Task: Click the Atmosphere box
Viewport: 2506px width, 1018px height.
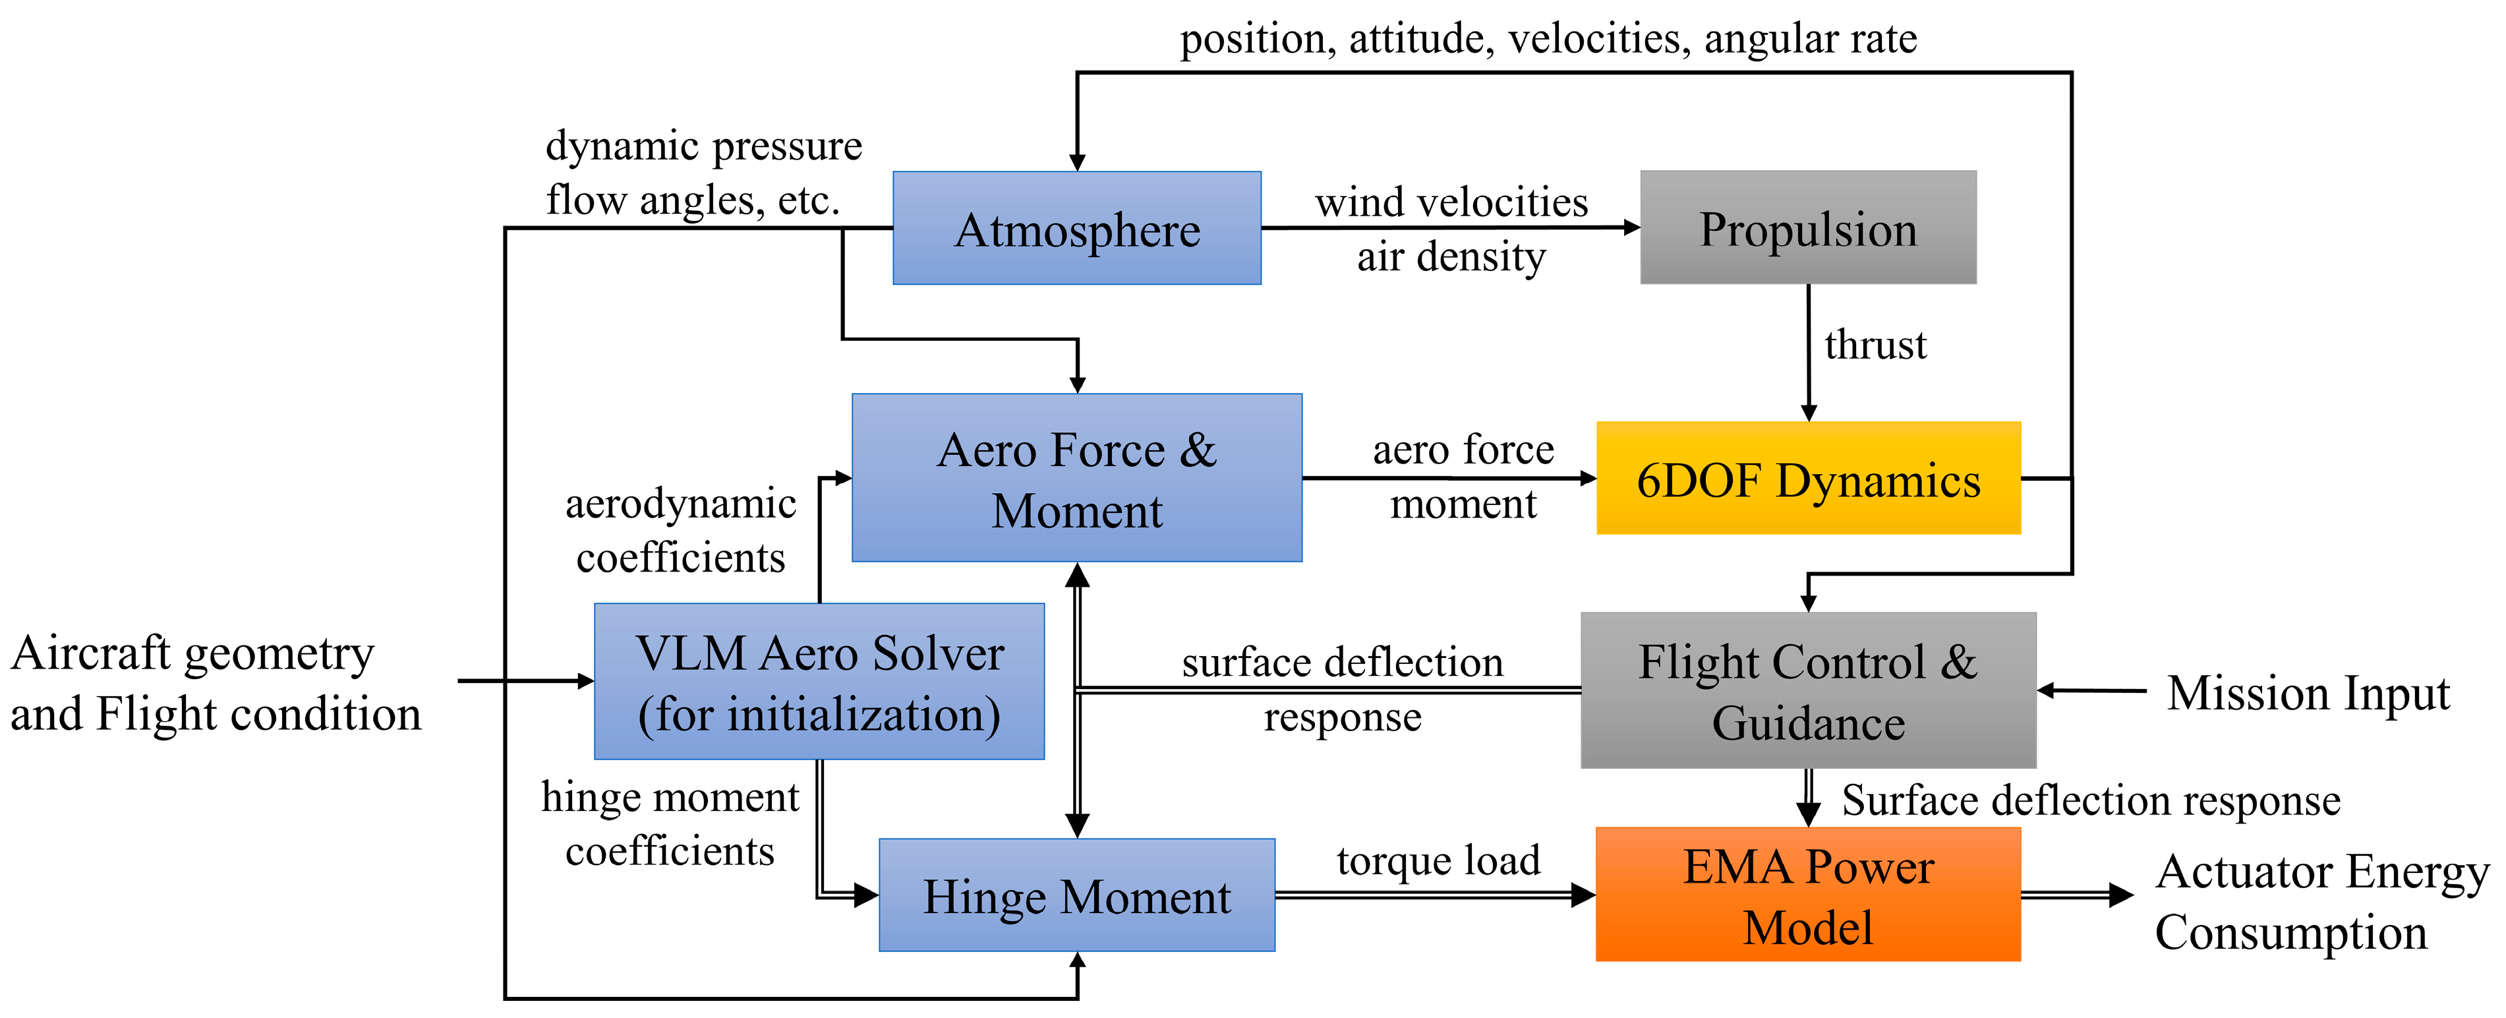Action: coord(1077,227)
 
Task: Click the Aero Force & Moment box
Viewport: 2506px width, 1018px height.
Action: coord(1077,478)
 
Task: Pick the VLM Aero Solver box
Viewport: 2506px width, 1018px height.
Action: coord(819,681)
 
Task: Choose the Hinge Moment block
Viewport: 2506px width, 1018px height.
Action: coord(1077,895)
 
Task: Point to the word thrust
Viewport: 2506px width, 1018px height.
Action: coord(1875,345)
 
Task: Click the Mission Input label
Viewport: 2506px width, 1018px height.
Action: coord(2308,693)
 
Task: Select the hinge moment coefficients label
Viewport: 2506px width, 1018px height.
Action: coord(670,823)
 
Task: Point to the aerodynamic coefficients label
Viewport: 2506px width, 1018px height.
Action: coord(681,529)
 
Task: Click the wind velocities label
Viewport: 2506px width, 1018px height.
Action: coord(1451,202)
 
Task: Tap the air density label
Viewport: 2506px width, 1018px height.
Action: coord(1451,257)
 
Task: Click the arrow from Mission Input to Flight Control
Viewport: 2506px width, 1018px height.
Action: coord(2091,690)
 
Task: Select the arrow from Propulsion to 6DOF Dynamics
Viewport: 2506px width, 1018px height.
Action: coord(1809,352)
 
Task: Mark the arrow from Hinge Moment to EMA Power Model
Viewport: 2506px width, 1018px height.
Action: coord(1436,895)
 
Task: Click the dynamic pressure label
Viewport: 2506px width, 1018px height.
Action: coord(703,146)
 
